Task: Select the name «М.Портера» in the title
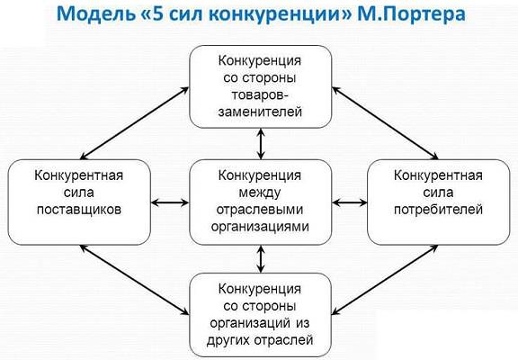pyautogui.click(x=411, y=14)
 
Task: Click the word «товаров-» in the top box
pyautogui.click(x=260, y=94)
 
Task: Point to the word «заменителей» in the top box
pyautogui.click(x=260, y=112)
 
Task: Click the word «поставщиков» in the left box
pyautogui.click(x=79, y=210)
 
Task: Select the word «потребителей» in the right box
pyautogui.click(x=438, y=210)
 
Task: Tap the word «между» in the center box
pyautogui.click(x=260, y=193)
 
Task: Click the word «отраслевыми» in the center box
pyautogui.click(x=260, y=210)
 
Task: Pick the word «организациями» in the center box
pyautogui.click(x=260, y=227)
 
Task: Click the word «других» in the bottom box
pyautogui.click(x=229, y=340)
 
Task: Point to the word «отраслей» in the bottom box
pyautogui.click(x=285, y=340)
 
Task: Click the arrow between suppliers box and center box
pyautogui.click(x=170, y=202)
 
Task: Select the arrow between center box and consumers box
pyautogui.click(x=350, y=202)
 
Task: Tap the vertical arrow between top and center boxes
pyautogui.click(x=261, y=144)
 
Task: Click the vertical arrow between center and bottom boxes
pyautogui.click(x=261, y=259)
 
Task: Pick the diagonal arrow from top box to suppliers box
pyautogui.click(x=135, y=123)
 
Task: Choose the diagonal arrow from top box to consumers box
pyautogui.click(x=385, y=123)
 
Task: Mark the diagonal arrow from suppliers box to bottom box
pyautogui.click(x=135, y=280)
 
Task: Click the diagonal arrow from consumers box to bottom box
pyautogui.click(x=385, y=280)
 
